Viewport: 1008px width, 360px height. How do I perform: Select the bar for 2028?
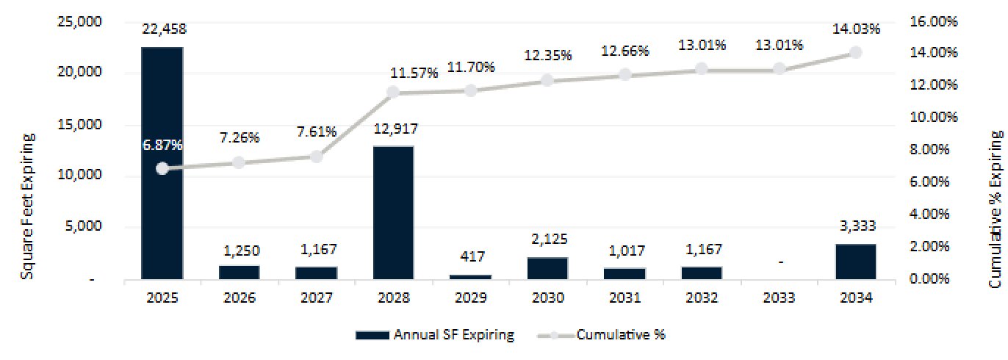pyautogui.click(x=393, y=213)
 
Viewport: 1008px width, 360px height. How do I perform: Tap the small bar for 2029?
pyautogui.click(x=470, y=276)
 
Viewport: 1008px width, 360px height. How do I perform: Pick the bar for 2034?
pyautogui.click(x=856, y=262)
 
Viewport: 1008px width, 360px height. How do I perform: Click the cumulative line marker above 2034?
pyautogui.click(x=856, y=52)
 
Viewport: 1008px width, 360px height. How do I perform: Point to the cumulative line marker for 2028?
pyautogui.click(x=393, y=92)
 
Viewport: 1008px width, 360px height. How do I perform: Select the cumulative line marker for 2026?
pyautogui.click(x=239, y=162)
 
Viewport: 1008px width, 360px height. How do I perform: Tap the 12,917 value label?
pyautogui.click(x=393, y=129)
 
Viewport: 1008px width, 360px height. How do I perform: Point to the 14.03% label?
pyautogui.click(x=856, y=29)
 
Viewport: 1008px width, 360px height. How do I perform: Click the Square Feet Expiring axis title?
pyautogui.click(x=28, y=195)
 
